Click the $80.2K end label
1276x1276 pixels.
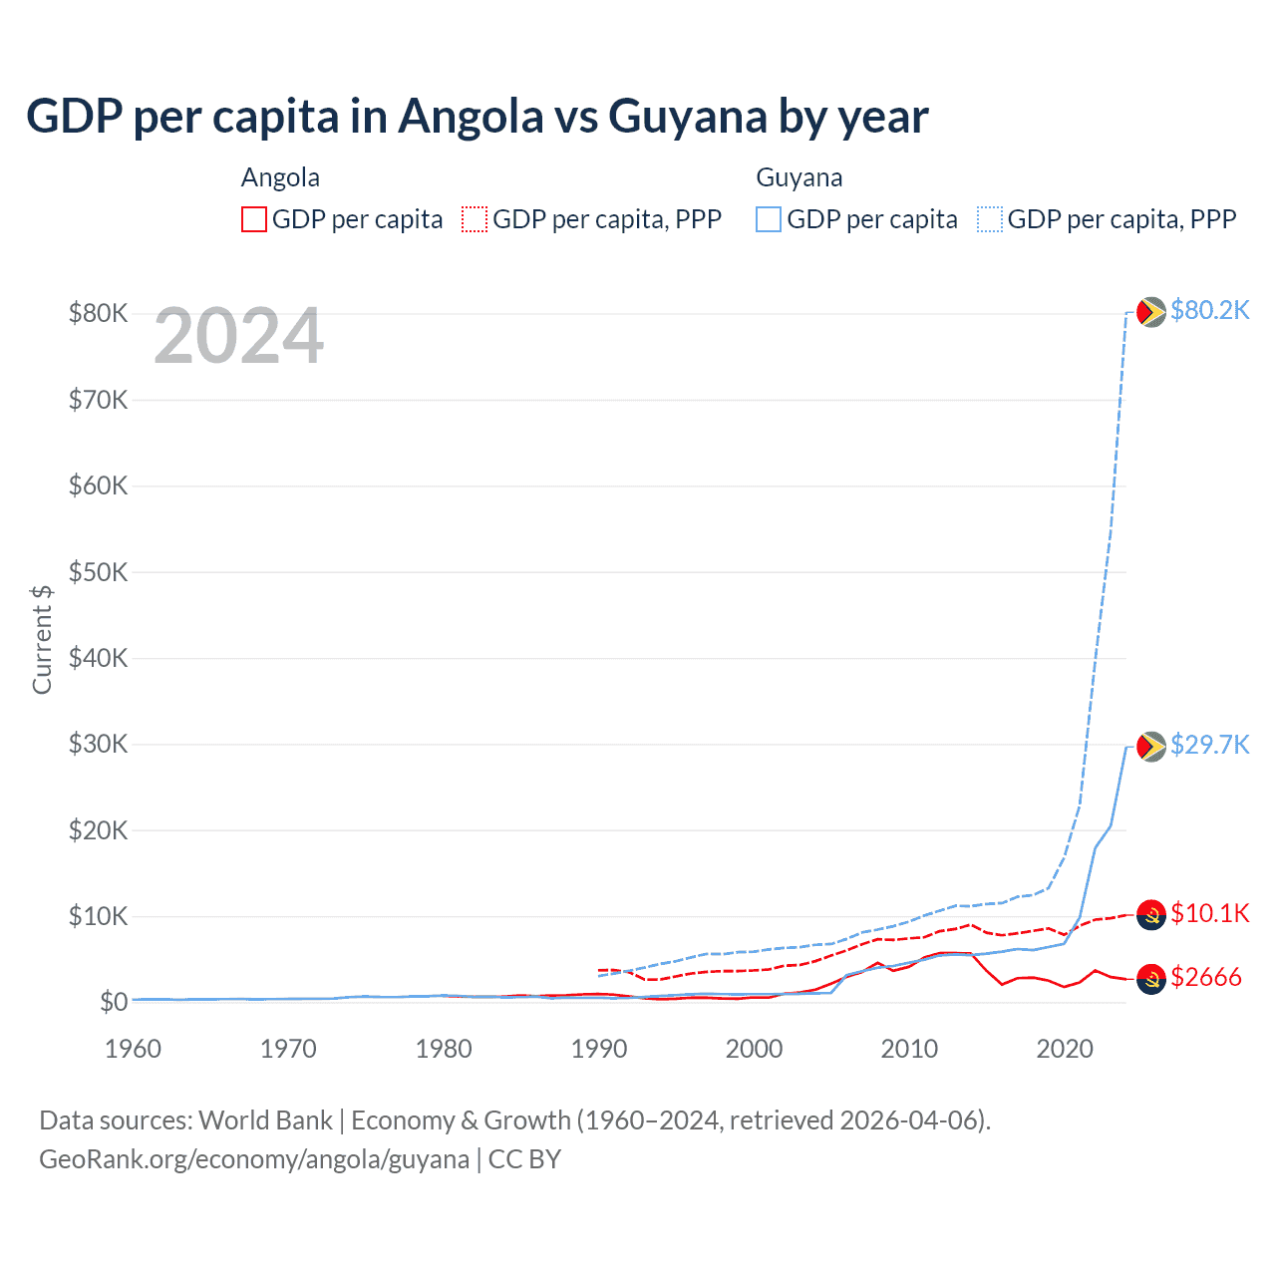(x=1209, y=310)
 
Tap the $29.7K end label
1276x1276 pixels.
(x=1209, y=745)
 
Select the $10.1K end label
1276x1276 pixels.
(x=1209, y=913)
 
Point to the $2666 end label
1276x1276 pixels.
(x=1205, y=977)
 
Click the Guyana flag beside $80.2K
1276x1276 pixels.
(x=1151, y=312)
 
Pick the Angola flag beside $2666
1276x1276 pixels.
(x=1151, y=980)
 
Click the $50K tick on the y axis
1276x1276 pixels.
(x=98, y=572)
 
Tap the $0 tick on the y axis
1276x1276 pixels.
(x=113, y=1002)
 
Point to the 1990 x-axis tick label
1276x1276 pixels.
(x=599, y=1049)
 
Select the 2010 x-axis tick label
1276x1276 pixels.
(x=909, y=1049)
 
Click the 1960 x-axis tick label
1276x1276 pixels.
(x=134, y=1049)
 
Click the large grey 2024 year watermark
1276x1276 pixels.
(x=239, y=337)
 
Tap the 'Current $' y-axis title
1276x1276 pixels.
(x=42, y=639)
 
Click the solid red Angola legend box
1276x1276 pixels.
(x=254, y=219)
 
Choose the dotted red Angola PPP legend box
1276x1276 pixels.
(x=475, y=219)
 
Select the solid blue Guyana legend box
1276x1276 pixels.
(x=769, y=219)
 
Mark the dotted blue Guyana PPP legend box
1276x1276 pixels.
(x=990, y=219)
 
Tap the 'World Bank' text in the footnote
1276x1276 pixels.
(x=265, y=1120)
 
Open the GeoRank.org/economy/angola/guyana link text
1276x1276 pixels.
(x=254, y=1159)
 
